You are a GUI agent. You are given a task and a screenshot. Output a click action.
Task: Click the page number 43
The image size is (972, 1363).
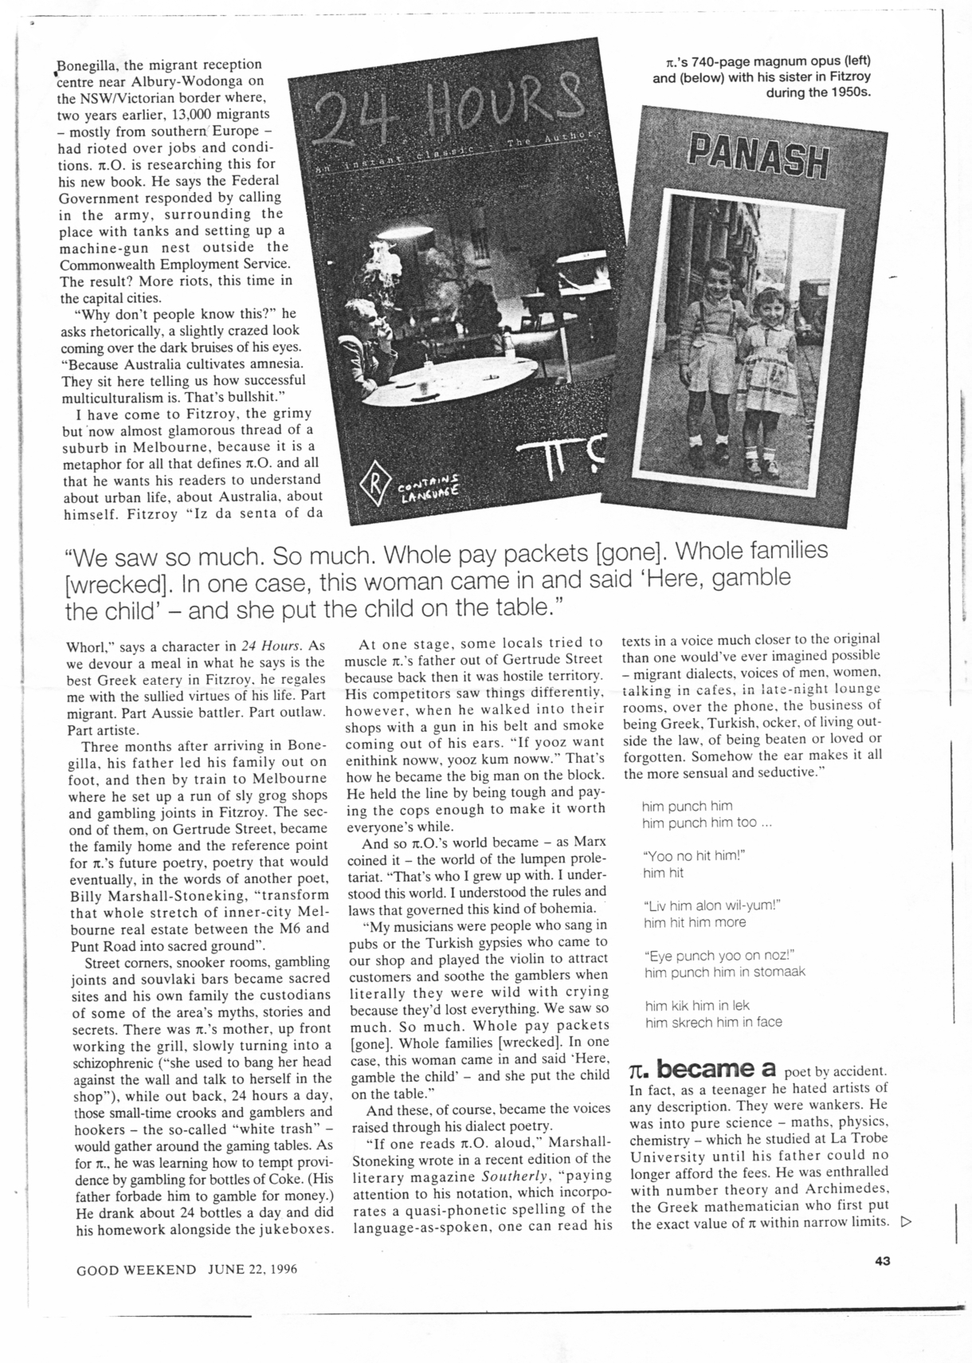[x=881, y=1260]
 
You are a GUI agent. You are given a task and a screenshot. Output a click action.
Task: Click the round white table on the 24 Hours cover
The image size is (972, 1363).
[x=454, y=375]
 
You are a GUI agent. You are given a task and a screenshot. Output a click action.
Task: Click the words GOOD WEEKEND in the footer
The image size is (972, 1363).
[x=135, y=1269]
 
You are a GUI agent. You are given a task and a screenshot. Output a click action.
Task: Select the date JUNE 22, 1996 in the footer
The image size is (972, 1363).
[x=253, y=1269]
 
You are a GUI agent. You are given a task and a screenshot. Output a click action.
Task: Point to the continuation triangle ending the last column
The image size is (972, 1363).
[x=904, y=1223]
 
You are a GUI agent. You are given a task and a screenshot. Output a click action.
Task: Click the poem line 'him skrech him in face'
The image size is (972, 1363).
[x=713, y=1022]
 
